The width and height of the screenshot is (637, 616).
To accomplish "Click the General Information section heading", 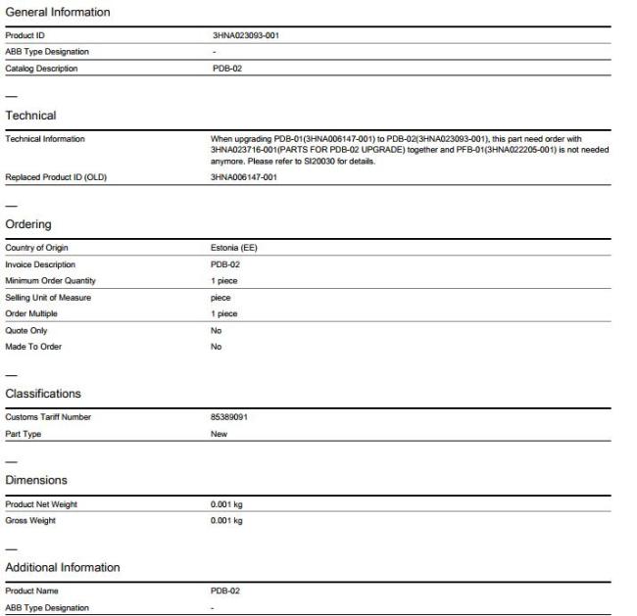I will click(58, 12).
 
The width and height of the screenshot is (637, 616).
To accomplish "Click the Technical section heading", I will click(30, 116).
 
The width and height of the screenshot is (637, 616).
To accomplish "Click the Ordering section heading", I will click(29, 224).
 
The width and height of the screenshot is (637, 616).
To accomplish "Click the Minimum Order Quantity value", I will click(224, 281).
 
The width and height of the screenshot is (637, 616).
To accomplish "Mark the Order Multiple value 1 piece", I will click(224, 313).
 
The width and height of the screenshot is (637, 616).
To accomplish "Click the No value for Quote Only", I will click(217, 330).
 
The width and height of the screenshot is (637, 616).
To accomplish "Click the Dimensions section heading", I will click(36, 481).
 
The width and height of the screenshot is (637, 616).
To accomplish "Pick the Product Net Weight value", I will click(227, 504).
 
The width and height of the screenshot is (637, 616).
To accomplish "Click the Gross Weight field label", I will click(30, 520).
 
